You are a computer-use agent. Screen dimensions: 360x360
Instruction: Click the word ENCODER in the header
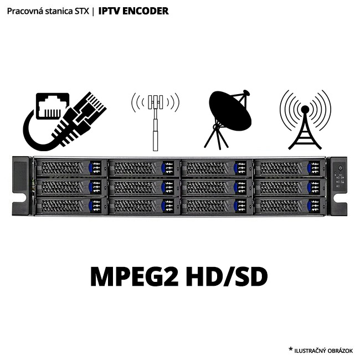[145, 11]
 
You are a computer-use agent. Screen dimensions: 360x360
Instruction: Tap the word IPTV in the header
[109, 11]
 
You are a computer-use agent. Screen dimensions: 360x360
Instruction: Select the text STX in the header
[81, 11]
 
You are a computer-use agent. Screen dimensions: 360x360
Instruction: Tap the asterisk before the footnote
[290, 349]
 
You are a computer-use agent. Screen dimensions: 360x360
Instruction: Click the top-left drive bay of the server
[71, 167]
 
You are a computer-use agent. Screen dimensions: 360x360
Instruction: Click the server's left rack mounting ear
[21, 186]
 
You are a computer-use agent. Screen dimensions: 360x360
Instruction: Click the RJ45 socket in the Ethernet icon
[52, 105]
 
